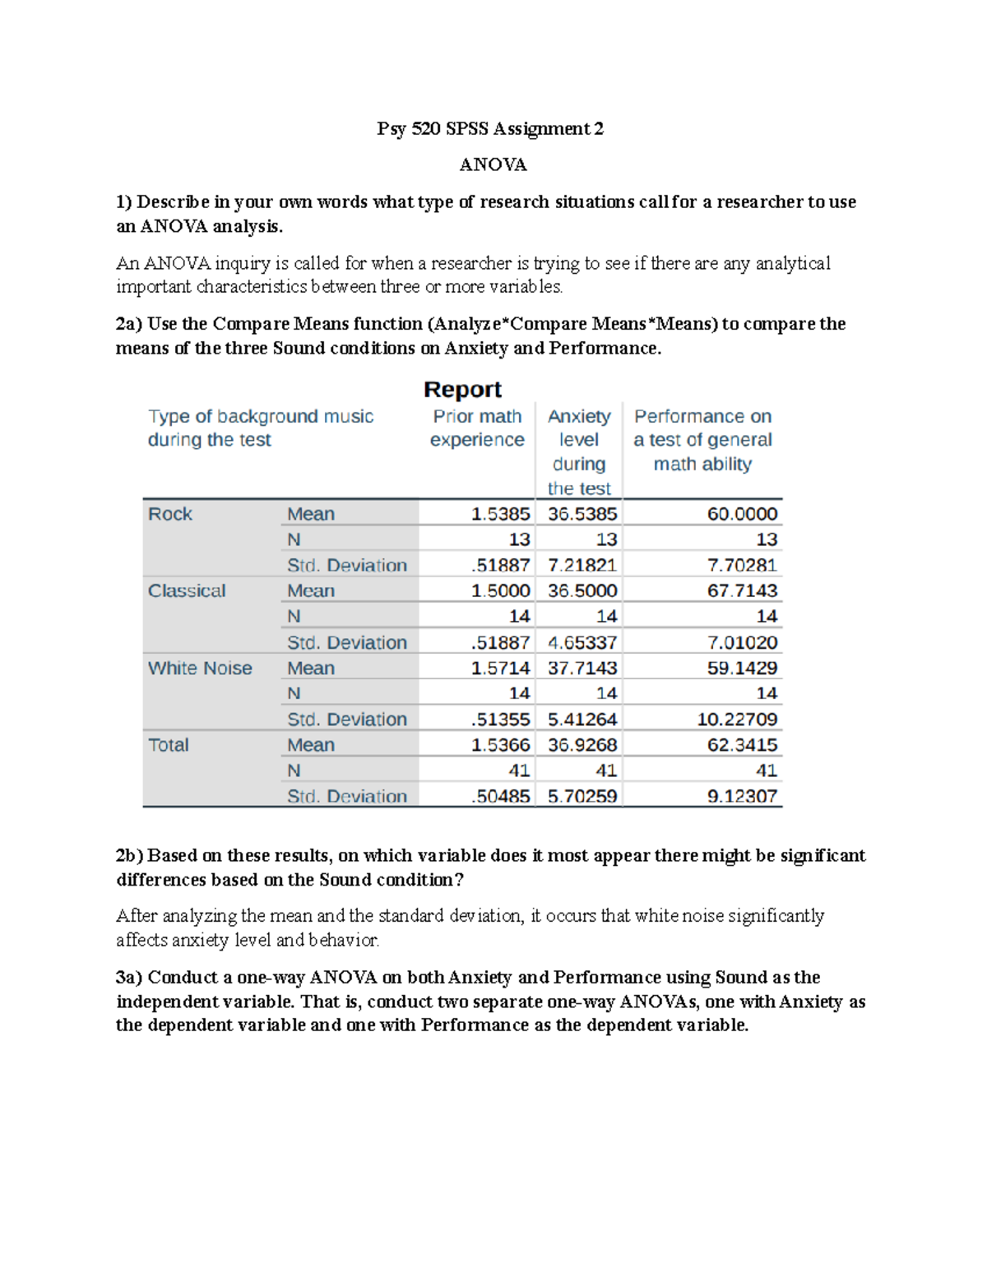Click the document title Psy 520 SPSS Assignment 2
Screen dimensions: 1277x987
(490, 128)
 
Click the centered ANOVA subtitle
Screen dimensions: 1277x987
(493, 164)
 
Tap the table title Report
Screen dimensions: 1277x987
(462, 389)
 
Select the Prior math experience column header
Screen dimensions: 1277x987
(477, 428)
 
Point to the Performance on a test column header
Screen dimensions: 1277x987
(702, 440)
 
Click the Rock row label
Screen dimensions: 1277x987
(170, 514)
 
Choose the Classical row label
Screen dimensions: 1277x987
(187, 591)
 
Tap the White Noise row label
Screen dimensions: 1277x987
(200, 668)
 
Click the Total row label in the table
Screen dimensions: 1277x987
(169, 745)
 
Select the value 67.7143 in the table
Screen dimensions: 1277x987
(742, 591)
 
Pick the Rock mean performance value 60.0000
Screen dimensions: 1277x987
(742, 514)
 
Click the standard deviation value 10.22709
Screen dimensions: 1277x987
(737, 719)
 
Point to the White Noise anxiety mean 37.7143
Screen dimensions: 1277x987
(582, 668)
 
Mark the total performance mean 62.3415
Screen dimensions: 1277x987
(742, 745)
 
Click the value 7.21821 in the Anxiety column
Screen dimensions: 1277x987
(582, 565)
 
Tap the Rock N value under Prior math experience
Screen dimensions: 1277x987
(519, 539)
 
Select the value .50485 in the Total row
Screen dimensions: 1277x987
(501, 796)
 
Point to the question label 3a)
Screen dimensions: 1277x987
(129, 977)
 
